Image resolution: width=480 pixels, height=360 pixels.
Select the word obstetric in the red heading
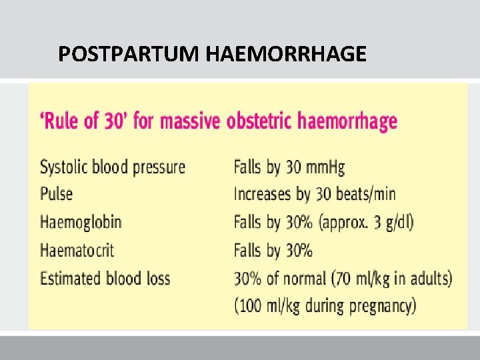point(260,121)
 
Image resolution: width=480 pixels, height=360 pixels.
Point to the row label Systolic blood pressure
point(113,167)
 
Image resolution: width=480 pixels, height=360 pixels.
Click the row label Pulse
point(56,194)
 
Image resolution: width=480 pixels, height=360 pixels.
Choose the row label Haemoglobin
point(81,221)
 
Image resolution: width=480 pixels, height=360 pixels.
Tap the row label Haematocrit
point(77,250)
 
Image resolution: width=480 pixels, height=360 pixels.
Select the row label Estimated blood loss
point(105,278)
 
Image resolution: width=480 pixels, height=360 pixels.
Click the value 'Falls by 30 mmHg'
point(289,167)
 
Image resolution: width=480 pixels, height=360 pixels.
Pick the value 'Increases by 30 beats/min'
point(314,194)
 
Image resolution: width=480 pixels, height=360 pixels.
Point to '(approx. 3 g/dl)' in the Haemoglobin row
point(367,222)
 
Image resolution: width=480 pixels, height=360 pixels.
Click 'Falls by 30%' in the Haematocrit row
point(273,250)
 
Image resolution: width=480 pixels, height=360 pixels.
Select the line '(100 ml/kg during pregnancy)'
point(325,306)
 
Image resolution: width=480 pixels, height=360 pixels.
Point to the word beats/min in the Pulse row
point(364,194)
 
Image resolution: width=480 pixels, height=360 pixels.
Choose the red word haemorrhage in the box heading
point(347,121)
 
